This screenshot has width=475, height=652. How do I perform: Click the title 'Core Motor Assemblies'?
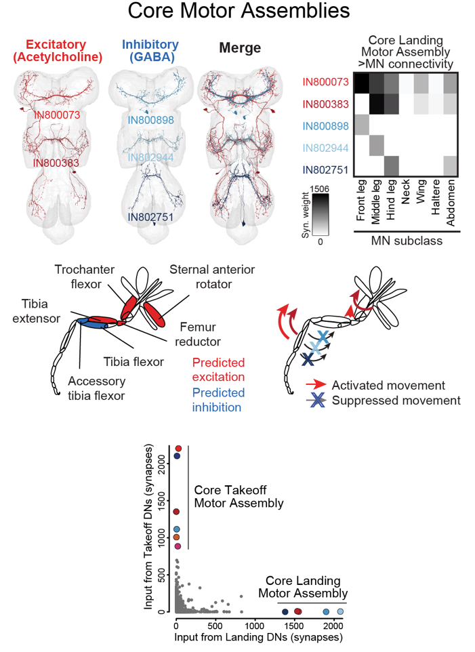pyautogui.click(x=238, y=13)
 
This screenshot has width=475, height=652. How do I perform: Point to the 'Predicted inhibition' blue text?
pyautogui.click(x=218, y=399)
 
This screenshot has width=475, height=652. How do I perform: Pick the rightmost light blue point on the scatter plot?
pyautogui.click(x=340, y=611)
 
